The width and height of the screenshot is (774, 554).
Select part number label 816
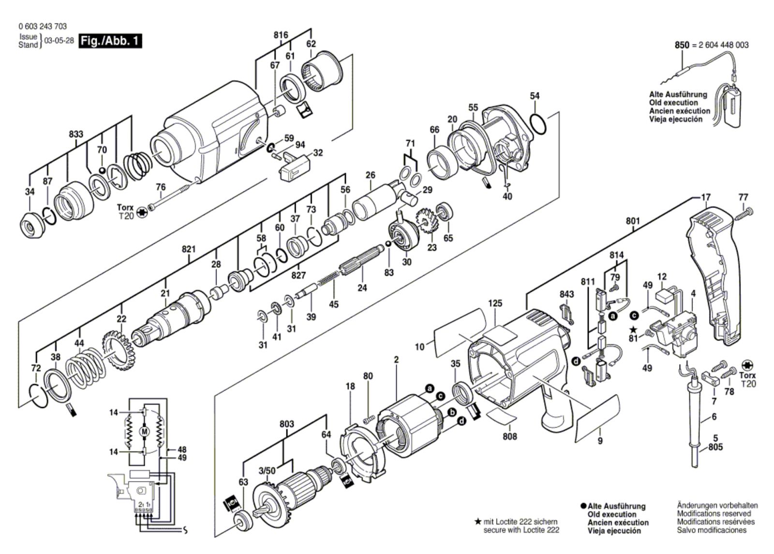tap(281, 35)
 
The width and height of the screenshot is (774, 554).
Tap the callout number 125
tap(495, 303)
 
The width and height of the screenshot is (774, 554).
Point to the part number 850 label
tap(682, 45)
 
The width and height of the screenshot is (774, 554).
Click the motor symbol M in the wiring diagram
tap(144, 430)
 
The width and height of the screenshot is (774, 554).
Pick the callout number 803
tap(286, 424)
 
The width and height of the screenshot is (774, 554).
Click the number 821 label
tap(188, 249)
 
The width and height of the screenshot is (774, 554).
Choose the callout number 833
tap(76, 135)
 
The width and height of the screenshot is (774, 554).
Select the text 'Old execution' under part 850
tap(673, 103)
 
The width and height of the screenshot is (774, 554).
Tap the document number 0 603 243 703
tap(43, 27)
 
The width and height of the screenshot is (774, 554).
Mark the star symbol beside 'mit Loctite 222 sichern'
tap(478, 522)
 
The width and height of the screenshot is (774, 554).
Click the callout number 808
tap(509, 436)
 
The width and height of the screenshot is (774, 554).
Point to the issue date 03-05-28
tap(59, 41)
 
